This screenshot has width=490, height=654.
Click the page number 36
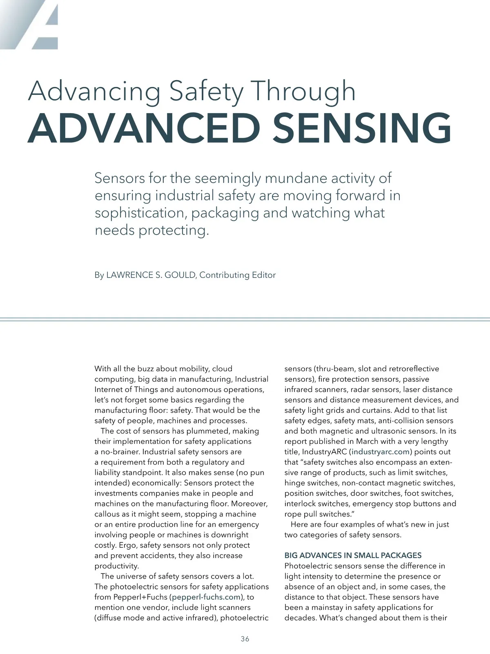pyautogui.click(x=245, y=639)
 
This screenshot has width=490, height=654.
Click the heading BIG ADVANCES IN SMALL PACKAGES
pyautogui.click(x=353, y=555)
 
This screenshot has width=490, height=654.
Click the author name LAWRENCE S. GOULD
pyautogui.click(x=151, y=275)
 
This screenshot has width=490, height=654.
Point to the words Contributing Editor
pyautogui.click(x=237, y=275)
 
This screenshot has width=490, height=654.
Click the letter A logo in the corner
pyautogui.click(x=37, y=25)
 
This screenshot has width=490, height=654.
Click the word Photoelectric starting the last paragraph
pyautogui.click(x=308, y=566)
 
